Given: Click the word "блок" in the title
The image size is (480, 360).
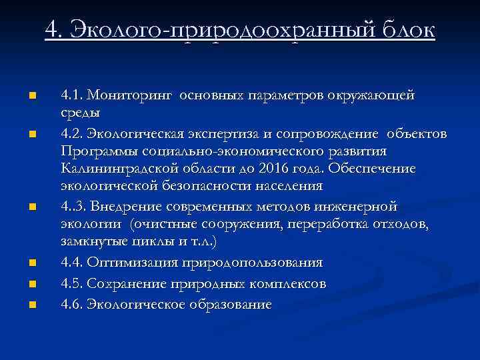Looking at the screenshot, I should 407,29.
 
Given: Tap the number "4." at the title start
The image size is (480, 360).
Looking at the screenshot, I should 55,29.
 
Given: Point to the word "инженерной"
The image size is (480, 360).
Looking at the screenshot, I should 361,207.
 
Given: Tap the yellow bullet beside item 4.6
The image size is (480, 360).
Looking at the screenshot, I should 31,305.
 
